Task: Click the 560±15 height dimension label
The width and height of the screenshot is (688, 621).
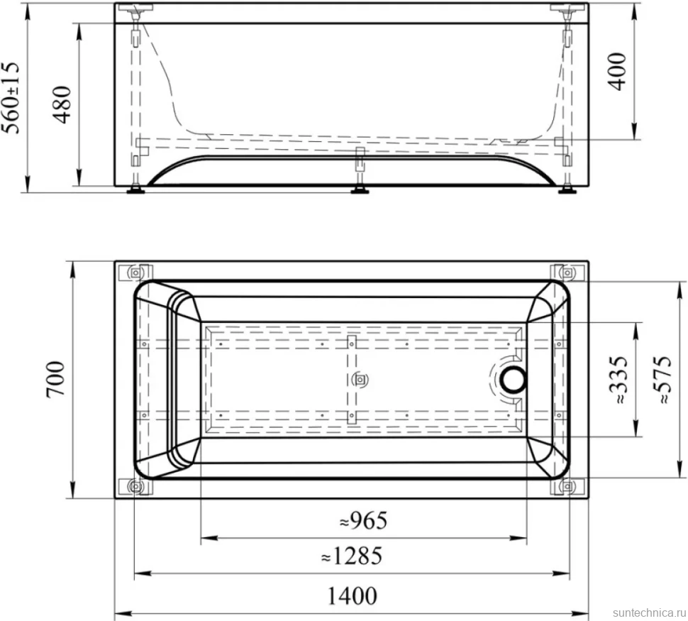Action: (x=11, y=97)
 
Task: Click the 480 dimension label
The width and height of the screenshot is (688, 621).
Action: (x=62, y=104)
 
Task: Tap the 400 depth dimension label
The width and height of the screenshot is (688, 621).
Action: (x=617, y=72)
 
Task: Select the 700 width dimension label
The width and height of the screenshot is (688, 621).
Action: (x=56, y=380)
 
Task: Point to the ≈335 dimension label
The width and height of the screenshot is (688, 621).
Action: (x=618, y=380)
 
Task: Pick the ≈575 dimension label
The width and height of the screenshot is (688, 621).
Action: (x=662, y=380)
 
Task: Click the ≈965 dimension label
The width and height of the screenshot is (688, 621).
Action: (x=364, y=521)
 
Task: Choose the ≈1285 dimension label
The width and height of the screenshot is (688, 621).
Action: (x=352, y=556)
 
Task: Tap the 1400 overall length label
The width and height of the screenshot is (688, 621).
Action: (x=352, y=596)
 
